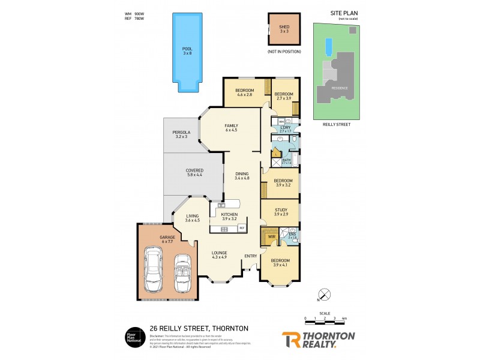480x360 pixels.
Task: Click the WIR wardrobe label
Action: [x=272, y=237]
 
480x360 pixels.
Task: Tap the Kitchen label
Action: [x=229, y=214]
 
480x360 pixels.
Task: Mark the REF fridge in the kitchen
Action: [x=242, y=228]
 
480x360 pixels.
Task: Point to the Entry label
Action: [x=250, y=256]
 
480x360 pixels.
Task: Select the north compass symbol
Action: [x=325, y=295]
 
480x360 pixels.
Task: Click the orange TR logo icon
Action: [x=292, y=340]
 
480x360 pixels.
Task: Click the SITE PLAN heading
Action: [x=344, y=13]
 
